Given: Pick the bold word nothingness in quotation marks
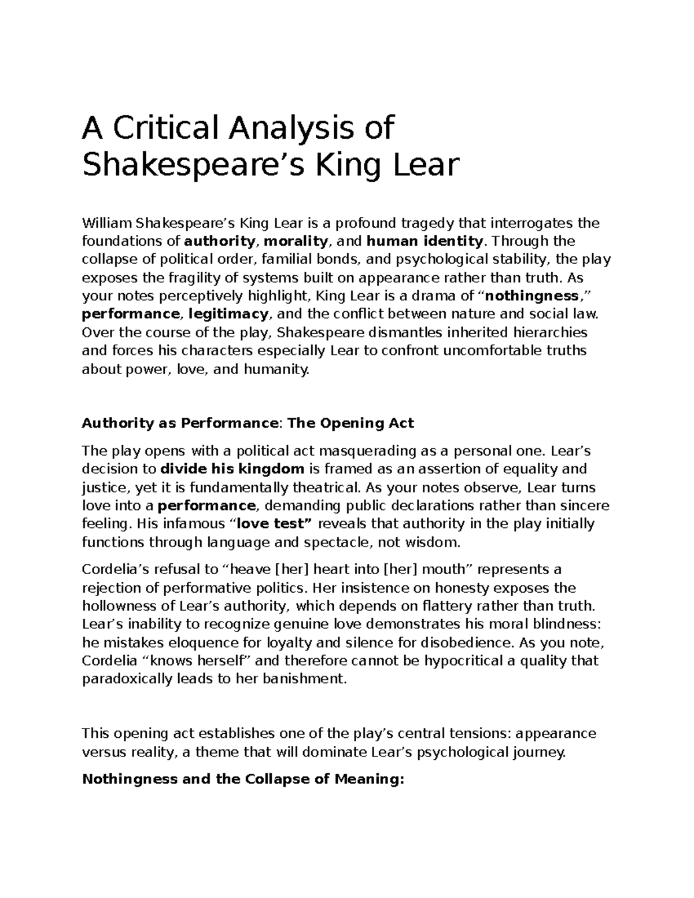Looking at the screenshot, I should tap(531, 296).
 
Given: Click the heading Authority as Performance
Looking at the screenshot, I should tap(180, 423).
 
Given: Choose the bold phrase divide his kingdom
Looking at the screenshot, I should tap(232, 468).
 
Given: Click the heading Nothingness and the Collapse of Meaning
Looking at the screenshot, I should tap(243, 779).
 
